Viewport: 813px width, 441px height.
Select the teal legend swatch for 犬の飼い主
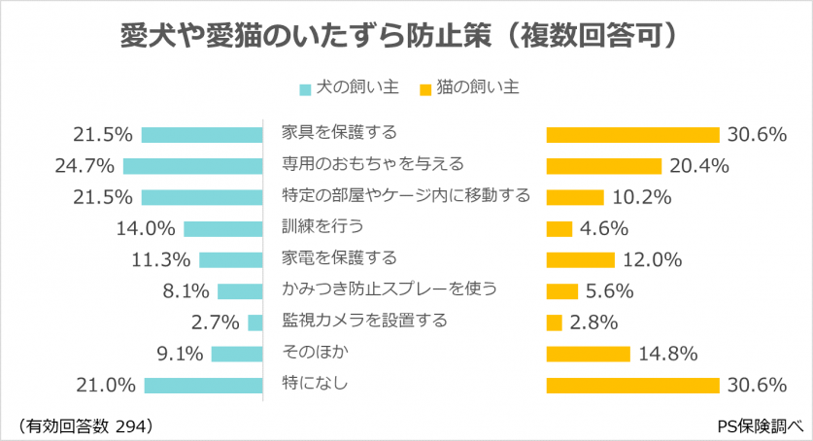pos(305,89)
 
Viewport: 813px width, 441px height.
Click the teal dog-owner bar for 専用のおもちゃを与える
pos(193,166)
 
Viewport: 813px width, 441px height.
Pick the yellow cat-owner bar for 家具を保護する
pos(632,134)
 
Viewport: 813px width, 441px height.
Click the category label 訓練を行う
pos(322,226)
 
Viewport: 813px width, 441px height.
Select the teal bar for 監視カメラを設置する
pos(255,322)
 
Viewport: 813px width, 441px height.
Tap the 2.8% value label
pos(594,322)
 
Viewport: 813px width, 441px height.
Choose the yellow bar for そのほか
pos(589,354)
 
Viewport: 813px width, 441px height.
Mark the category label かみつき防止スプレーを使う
pos(389,288)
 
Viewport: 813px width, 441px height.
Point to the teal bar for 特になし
pos(204,386)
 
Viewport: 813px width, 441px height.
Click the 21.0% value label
pos(106,386)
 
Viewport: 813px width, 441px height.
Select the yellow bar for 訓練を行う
pos(559,228)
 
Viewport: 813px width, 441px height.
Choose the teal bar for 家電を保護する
pos(231,259)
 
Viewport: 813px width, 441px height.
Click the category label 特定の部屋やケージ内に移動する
pos(405,195)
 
